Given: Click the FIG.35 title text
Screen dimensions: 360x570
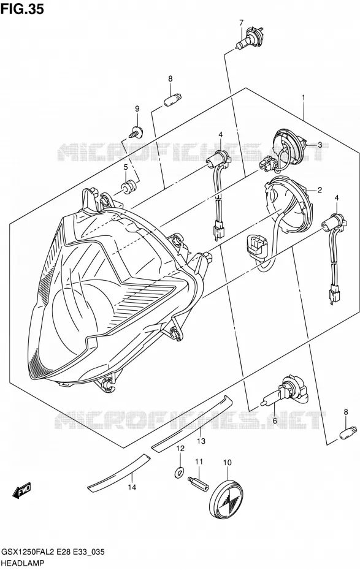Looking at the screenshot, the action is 22,9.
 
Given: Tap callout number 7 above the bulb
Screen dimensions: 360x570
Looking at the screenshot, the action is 241,23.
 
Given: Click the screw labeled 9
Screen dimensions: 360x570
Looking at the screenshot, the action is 136,132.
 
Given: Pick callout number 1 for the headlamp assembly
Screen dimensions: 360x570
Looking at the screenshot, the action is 302,97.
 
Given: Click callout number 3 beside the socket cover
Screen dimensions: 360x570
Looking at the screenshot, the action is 320,145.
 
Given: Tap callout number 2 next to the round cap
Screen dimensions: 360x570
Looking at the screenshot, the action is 320,189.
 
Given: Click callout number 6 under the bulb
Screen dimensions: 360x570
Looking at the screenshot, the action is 275,420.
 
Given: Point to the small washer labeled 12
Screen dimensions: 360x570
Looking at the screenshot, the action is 179,473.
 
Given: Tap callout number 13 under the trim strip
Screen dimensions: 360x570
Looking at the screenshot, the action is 201,441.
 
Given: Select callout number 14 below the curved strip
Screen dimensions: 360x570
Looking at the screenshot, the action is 132,487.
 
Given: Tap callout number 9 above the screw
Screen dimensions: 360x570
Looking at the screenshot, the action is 137,108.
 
